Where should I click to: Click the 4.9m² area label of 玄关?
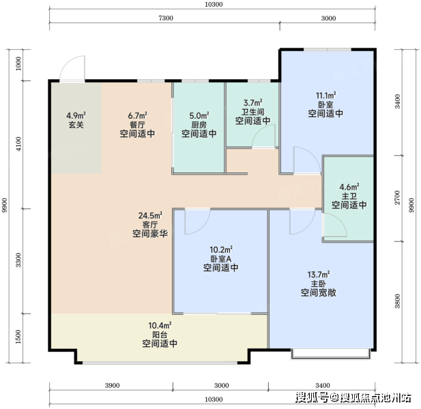(x=76, y=116)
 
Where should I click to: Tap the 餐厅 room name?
(x=137, y=125)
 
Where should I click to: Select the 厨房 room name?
(x=199, y=125)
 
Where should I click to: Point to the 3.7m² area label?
(x=252, y=103)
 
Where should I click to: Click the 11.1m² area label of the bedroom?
(x=325, y=95)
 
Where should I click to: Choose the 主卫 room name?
(x=349, y=196)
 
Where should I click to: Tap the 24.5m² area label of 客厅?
(x=150, y=215)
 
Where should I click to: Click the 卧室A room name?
(x=220, y=259)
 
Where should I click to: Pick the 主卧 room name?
(x=319, y=284)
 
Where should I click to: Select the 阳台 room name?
(x=160, y=335)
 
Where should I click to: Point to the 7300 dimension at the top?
(x=166, y=18)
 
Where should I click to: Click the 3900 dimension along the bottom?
(x=112, y=386)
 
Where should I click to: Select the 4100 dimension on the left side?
(x=18, y=144)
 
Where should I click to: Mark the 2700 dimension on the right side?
(x=397, y=198)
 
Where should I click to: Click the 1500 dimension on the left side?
(x=18, y=337)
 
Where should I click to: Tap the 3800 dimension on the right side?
(x=397, y=301)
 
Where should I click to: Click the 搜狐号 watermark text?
(x=312, y=397)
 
